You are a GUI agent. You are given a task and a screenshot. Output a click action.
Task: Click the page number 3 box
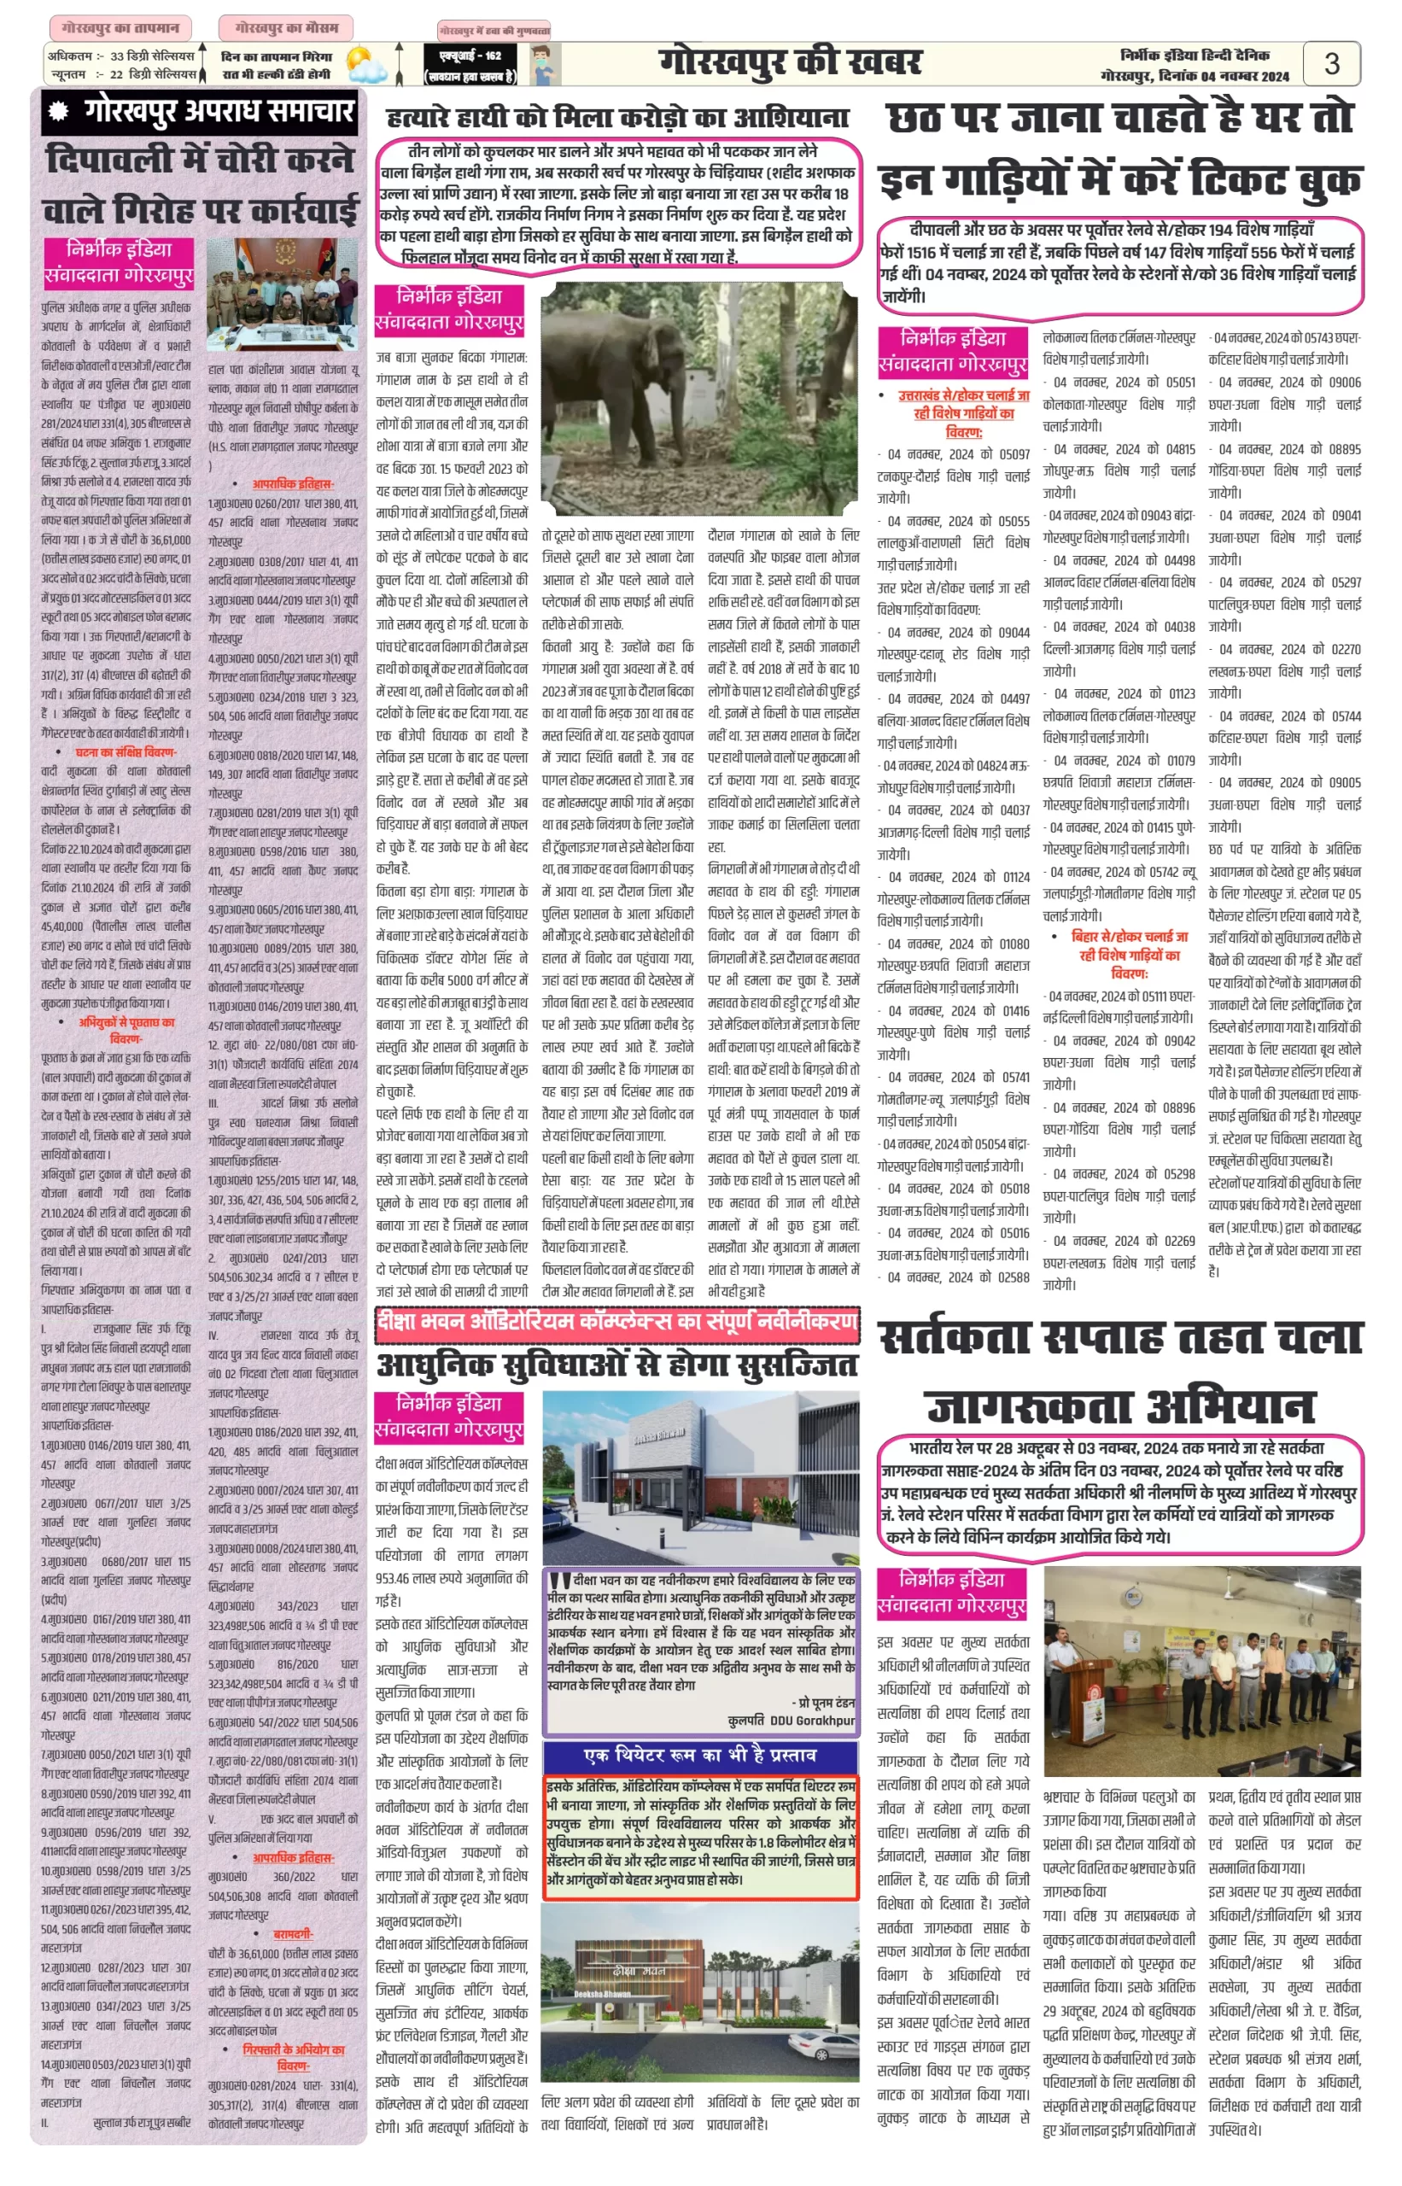point(1331,64)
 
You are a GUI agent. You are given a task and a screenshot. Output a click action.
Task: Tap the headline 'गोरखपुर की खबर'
point(789,63)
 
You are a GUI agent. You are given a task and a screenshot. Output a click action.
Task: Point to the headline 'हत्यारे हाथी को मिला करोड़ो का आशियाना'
point(617,118)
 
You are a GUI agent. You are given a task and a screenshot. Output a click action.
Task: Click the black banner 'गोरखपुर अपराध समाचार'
point(201,112)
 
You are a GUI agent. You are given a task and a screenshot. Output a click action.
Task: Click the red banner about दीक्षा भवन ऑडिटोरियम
point(617,1322)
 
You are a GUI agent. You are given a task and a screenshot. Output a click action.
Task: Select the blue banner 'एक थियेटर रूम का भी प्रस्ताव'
point(700,1755)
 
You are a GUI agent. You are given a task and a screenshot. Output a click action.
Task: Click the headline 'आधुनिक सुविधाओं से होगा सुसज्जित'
point(617,1365)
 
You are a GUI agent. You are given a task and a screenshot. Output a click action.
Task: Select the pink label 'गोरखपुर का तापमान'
point(120,28)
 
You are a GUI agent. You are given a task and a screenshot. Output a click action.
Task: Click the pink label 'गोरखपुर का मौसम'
point(286,28)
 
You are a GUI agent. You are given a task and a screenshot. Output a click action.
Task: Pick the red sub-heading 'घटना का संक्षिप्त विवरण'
point(126,752)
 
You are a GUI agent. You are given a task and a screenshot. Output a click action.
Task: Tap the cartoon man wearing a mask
point(544,66)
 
